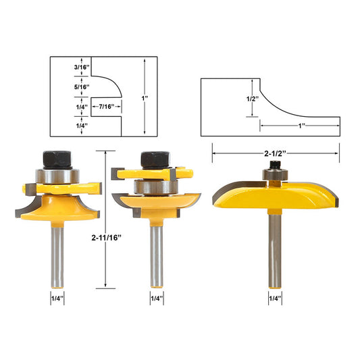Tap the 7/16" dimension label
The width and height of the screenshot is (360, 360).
click(x=105, y=106)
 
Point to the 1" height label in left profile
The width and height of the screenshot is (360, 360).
click(x=145, y=98)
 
